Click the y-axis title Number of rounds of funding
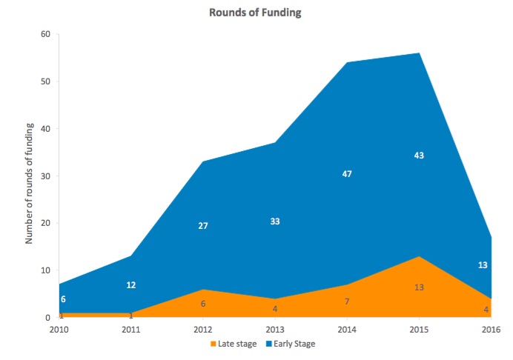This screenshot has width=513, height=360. (30, 176)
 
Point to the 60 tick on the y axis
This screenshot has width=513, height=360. (45, 34)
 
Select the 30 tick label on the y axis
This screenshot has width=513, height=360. (45, 176)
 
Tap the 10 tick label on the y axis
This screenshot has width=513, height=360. (45, 270)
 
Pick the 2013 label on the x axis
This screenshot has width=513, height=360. (275, 328)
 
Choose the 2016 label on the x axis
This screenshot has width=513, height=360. (490, 328)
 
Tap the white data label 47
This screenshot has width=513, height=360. (347, 174)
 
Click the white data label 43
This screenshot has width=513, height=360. (419, 156)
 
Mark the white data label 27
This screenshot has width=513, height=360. (203, 226)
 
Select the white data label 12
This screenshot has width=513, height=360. (131, 285)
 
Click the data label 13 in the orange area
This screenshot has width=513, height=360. (419, 287)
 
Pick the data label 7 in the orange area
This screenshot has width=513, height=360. (347, 302)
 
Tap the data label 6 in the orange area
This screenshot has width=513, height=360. (203, 304)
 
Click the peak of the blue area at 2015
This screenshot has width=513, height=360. (419, 53)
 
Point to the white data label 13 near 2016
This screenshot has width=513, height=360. (483, 265)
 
